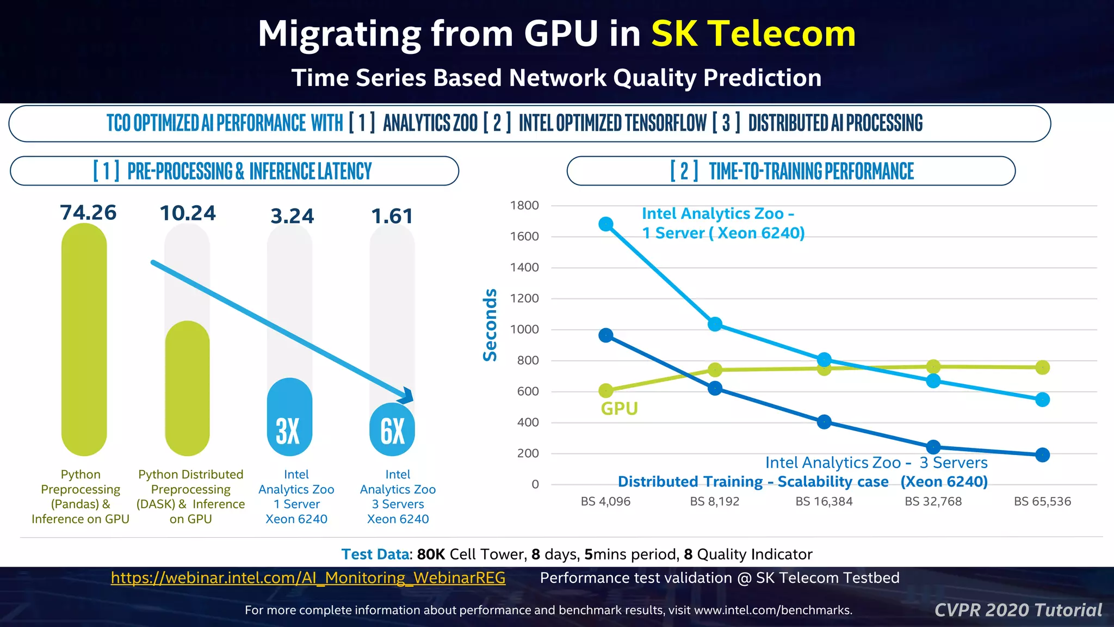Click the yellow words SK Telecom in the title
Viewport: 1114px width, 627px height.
[x=753, y=34]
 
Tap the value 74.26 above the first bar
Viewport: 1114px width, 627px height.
[x=88, y=213]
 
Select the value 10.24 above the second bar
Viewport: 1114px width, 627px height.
[x=188, y=213]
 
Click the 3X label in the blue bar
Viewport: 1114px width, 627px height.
[x=288, y=431]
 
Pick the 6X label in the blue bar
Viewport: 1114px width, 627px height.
[x=392, y=431]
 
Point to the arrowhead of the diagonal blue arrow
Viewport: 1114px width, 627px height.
[x=407, y=395]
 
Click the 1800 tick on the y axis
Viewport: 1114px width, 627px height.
[x=524, y=206]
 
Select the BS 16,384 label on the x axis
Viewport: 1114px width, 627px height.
[x=824, y=501]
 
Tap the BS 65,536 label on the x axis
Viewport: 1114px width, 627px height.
[x=1042, y=501]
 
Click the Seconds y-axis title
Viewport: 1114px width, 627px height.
[x=490, y=325]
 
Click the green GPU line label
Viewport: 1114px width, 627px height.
[x=619, y=409]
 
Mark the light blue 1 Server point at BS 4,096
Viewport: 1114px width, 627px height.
[x=606, y=224]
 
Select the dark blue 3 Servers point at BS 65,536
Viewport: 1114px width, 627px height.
[x=1042, y=454]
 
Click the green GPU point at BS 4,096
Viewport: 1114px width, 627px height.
[x=606, y=390]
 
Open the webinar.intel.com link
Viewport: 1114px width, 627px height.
[x=308, y=578]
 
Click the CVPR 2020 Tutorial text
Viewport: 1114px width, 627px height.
[x=1018, y=610]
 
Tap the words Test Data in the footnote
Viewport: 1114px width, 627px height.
[x=375, y=554]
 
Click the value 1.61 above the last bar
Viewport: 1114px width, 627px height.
[x=392, y=217]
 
